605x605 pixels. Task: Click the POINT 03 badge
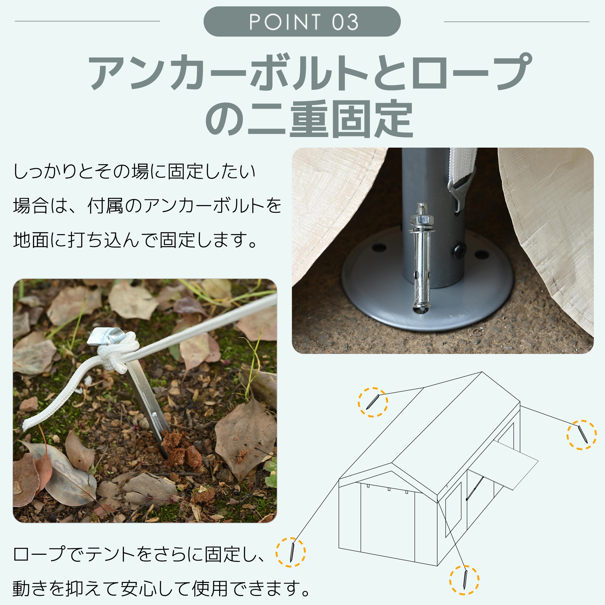click(302, 21)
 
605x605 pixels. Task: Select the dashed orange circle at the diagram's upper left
click(373, 402)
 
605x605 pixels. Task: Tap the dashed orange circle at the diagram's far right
click(581, 435)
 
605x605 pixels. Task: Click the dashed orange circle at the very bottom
click(464, 580)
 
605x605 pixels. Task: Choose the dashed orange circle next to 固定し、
click(291, 552)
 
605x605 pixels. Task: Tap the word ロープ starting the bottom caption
click(39, 554)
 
